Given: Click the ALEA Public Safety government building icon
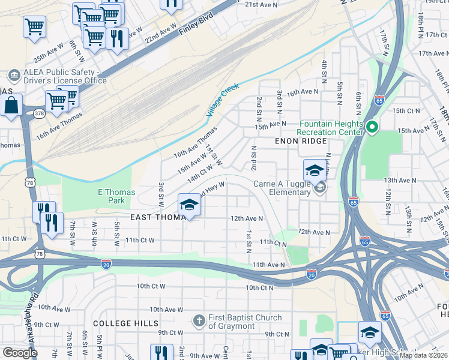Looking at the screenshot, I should pos(14,76).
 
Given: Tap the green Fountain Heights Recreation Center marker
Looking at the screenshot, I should pos(372,127).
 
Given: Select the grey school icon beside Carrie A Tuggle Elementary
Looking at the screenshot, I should pos(321,188).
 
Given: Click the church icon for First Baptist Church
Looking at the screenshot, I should pos(199,322).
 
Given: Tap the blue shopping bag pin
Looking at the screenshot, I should pos(11,106).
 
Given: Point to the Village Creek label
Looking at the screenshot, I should pos(222,100).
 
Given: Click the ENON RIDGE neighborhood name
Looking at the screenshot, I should pos(301,141).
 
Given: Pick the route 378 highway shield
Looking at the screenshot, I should pos(39,113).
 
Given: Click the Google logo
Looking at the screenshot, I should pos(20,352).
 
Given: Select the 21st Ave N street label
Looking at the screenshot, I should pos(261,4).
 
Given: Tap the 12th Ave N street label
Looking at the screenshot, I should pos(247,218).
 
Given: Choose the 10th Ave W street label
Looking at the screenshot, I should pos(166,310).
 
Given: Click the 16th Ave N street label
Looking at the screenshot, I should pos(302,92).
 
